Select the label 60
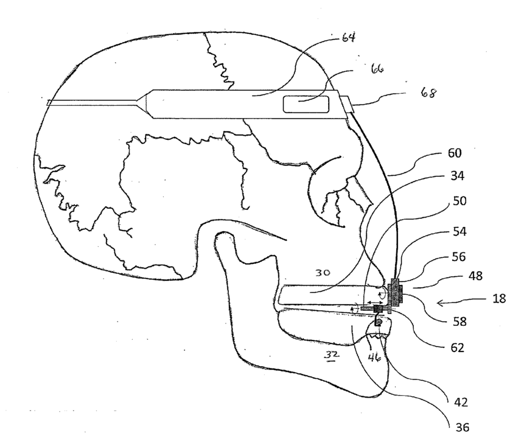pyautogui.click(x=454, y=153)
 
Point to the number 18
pyautogui.click(x=498, y=299)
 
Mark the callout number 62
pyautogui.click(x=457, y=348)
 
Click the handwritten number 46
pyautogui.click(x=375, y=359)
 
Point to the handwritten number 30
pyautogui.click(x=322, y=274)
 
